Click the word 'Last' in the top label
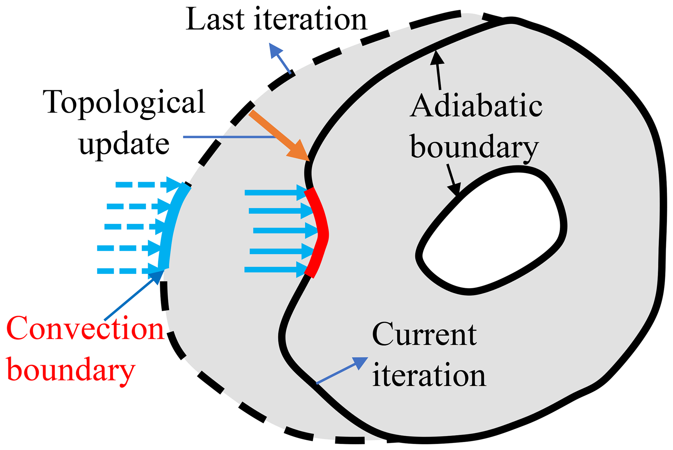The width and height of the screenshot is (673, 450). pyautogui.click(x=215, y=20)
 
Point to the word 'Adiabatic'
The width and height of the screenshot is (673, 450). pyautogui.click(x=476, y=106)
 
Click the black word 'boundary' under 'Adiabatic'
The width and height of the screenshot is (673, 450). pyautogui.click(x=475, y=147)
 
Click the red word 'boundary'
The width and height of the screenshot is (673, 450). pyautogui.click(x=71, y=371)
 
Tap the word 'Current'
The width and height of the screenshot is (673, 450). pyautogui.click(x=424, y=335)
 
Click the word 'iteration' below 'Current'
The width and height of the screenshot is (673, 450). pyautogui.click(x=429, y=376)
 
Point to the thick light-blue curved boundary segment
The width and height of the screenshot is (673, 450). pyautogui.click(x=171, y=224)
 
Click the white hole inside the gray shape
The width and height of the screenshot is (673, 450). pyautogui.click(x=492, y=231)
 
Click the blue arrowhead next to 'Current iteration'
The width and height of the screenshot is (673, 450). pyautogui.click(x=359, y=363)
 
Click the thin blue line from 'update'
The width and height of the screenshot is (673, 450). pyautogui.click(x=228, y=137)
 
